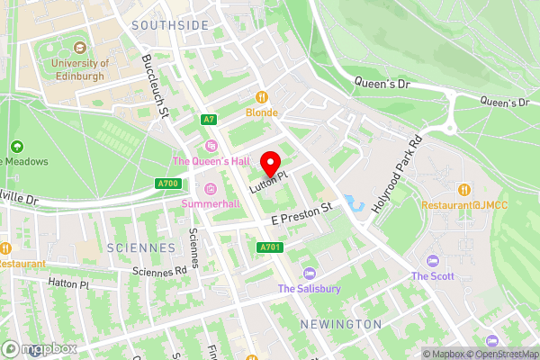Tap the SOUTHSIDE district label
[x=169, y=26]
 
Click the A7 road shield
[x=209, y=119]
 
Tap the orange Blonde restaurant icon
[x=263, y=97]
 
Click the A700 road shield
[x=166, y=183]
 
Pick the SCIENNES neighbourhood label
[x=142, y=247]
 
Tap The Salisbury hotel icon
[x=310, y=273]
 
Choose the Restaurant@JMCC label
[x=464, y=204]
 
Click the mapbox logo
[x=40, y=348]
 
